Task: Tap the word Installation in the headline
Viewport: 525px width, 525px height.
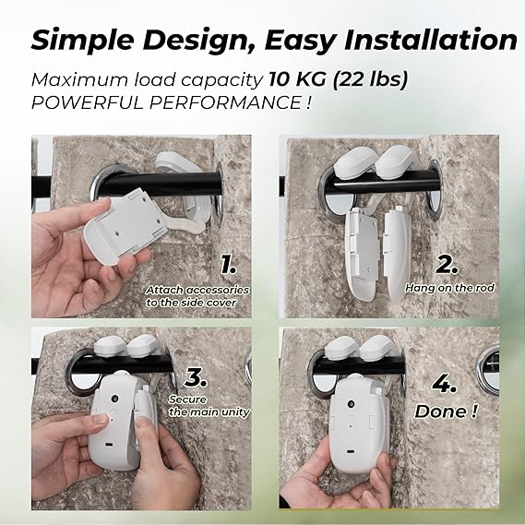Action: [431, 40]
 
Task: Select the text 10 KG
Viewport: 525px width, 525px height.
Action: [297, 79]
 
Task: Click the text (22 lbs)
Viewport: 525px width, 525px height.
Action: [370, 80]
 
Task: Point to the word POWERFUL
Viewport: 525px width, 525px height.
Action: [88, 102]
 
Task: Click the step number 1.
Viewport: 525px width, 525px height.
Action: [228, 265]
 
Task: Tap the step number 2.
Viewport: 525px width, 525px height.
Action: [447, 265]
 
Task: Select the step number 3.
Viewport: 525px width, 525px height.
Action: [196, 377]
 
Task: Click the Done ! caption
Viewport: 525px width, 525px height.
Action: [446, 412]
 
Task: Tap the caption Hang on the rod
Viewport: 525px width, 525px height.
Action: [449, 288]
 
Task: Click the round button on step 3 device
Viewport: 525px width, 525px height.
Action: [115, 399]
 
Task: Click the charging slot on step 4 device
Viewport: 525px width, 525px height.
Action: [351, 452]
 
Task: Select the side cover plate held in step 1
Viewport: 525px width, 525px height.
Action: [125, 226]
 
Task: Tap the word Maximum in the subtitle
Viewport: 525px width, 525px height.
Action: [79, 80]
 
